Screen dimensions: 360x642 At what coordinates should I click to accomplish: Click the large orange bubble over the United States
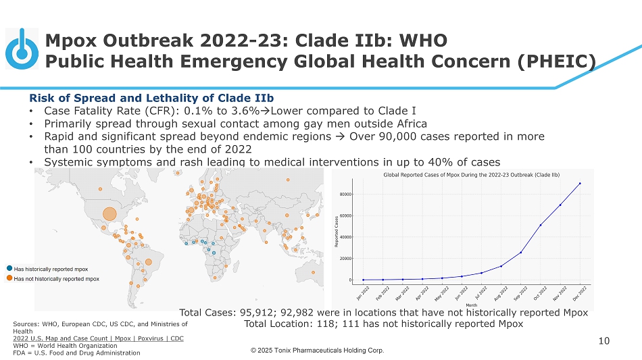pos(109,214)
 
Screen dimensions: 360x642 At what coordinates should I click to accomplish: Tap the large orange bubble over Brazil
pos(148,262)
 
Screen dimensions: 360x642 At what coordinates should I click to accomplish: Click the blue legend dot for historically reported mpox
pos(10,269)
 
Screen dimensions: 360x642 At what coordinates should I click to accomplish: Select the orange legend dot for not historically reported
pos(10,278)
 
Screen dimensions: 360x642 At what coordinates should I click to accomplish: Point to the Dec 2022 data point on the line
pos(580,184)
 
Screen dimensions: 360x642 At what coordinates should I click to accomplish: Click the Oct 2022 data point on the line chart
pos(541,225)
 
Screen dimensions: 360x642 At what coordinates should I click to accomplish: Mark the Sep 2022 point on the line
pos(521,253)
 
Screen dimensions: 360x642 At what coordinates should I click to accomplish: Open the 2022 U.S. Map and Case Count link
pos(98,338)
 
